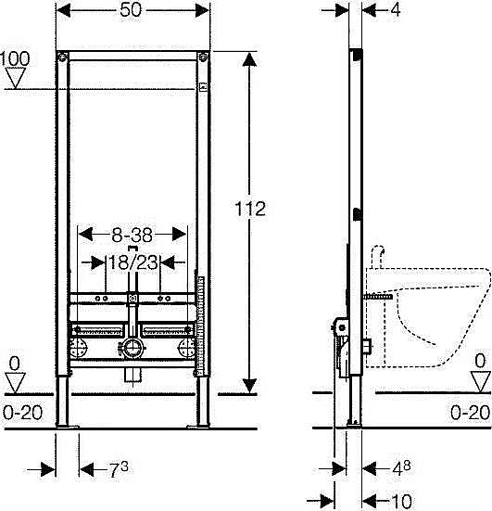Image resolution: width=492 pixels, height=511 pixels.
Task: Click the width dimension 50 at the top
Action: point(131,10)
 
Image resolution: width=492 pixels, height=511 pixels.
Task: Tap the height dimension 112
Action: point(250,209)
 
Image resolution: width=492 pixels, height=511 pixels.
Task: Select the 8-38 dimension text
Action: point(132,235)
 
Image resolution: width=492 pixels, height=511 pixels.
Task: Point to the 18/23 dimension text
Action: point(133,262)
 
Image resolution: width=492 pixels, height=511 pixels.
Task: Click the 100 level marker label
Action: point(15,58)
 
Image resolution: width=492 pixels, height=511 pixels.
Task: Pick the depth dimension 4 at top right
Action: point(396,10)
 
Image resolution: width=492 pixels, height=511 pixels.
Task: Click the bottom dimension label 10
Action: point(401,501)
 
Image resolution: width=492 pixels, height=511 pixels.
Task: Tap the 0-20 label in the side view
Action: point(470,413)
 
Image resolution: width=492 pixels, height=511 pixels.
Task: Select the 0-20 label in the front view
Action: point(23,413)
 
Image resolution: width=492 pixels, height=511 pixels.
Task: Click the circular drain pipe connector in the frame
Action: point(132,348)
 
